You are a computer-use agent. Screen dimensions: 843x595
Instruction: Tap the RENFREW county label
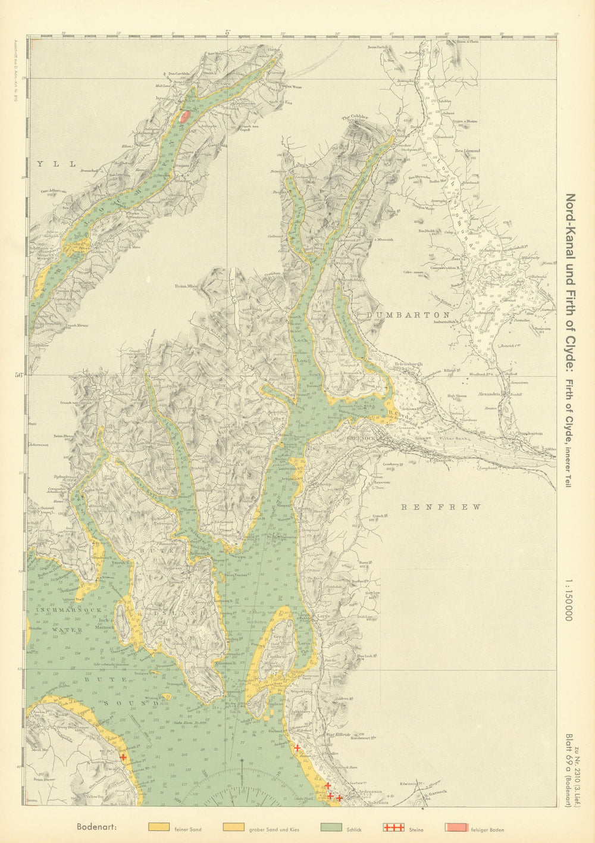[441, 507]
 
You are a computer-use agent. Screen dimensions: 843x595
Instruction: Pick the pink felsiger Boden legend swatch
[456, 828]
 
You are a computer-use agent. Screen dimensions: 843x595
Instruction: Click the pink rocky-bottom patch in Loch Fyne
[185, 115]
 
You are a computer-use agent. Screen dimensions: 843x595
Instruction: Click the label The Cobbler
[355, 117]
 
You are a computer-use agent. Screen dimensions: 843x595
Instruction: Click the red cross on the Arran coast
[123, 757]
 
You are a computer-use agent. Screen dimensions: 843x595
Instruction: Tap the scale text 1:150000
[568, 598]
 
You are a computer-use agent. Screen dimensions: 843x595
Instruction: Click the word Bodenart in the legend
[96, 828]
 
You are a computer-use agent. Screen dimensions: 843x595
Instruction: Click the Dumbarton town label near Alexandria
[529, 434]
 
